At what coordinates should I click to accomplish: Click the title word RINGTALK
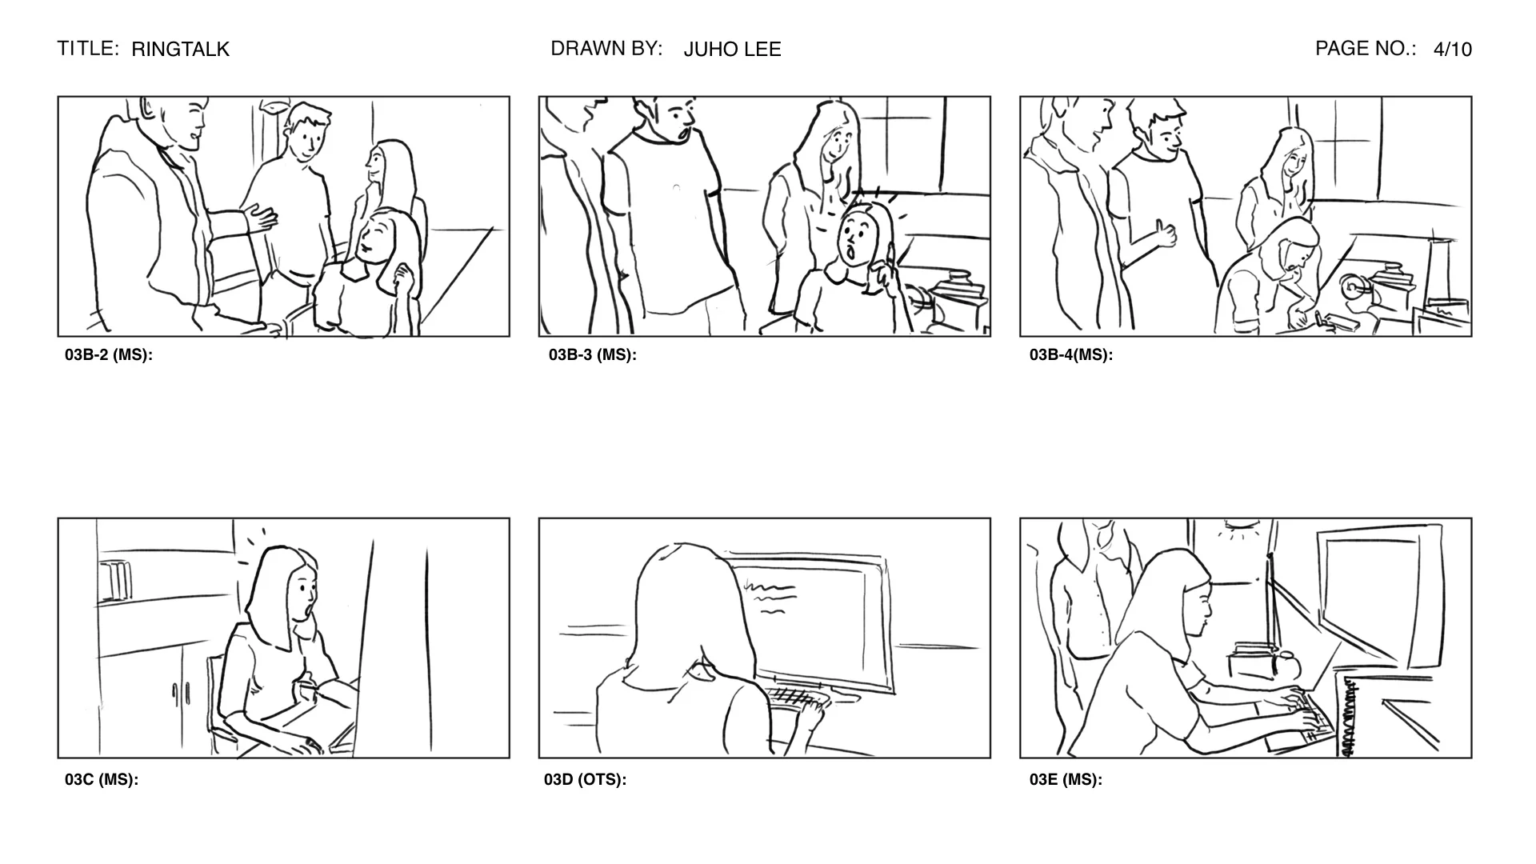point(180,50)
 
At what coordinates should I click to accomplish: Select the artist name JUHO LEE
point(732,50)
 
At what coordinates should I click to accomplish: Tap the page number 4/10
point(1452,50)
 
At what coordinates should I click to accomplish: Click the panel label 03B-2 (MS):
point(109,355)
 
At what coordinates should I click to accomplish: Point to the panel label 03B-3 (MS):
point(592,355)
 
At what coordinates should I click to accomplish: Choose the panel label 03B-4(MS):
point(1070,355)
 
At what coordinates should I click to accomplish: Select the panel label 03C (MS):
point(102,780)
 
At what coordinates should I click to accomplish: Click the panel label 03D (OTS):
point(585,780)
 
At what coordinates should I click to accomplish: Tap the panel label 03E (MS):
point(1066,780)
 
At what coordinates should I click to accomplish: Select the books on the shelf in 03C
point(116,580)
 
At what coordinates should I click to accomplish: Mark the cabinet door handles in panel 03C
point(181,693)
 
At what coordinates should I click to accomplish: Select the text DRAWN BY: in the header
point(606,49)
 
